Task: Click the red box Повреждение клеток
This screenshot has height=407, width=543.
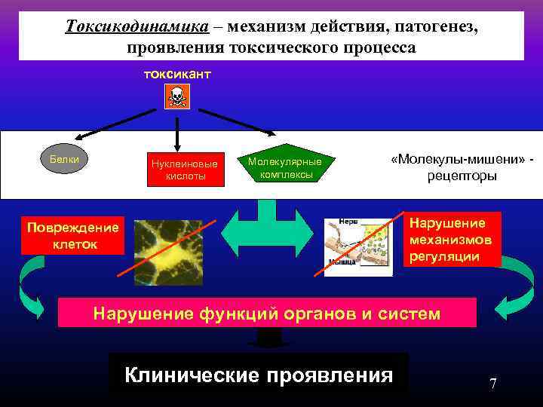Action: [72, 236]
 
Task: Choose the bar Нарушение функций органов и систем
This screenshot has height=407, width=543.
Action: [267, 313]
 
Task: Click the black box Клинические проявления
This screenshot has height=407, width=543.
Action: [259, 375]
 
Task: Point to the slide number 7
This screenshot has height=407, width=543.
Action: [492, 384]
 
